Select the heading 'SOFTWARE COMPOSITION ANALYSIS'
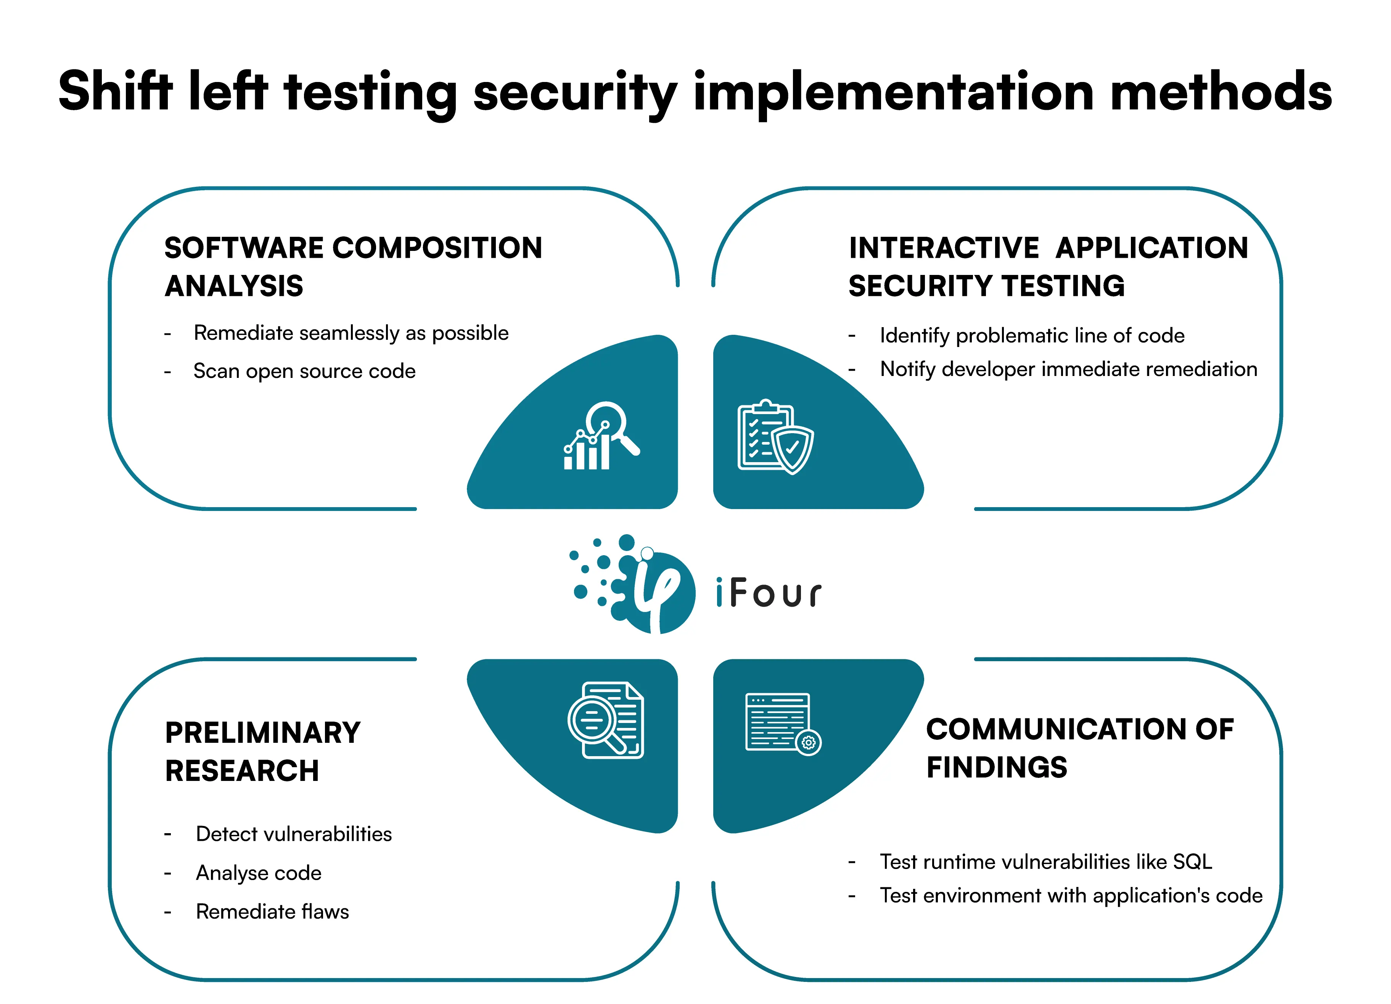point(353,267)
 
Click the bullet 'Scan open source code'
point(304,371)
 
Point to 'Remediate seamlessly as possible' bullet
point(351,333)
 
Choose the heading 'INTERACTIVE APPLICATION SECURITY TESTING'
point(1048,267)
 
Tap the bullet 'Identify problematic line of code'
point(1032,336)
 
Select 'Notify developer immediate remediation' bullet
point(1068,369)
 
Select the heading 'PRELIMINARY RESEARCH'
point(262,751)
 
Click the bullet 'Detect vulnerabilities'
point(293,834)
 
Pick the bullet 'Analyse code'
point(258,873)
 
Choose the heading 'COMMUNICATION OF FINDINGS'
point(1079,748)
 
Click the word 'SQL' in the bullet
point(1192,862)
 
